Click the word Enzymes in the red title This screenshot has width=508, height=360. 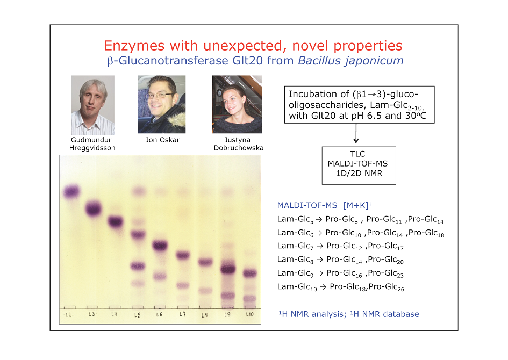(x=134, y=46)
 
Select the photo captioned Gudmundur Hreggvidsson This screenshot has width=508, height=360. (x=92, y=105)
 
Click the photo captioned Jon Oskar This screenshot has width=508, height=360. (x=162, y=104)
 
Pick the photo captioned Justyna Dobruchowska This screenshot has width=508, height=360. (x=237, y=104)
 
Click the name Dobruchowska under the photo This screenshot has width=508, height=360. (x=239, y=148)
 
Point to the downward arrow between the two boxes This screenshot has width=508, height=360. (x=356, y=133)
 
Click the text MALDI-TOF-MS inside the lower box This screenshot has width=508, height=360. (x=357, y=164)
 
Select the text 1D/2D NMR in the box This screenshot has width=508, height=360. (x=359, y=174)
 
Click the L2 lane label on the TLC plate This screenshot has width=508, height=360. (x=69, y=315)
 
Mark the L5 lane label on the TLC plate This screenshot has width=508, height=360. (x=138, y=315)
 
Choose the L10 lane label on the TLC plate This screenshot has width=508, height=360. (x=249, y=314)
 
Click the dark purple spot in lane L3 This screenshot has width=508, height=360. (x=94, y=208)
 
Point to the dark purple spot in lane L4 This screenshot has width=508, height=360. (x=116, y=222)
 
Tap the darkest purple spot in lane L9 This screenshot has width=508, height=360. (x=228, y=269)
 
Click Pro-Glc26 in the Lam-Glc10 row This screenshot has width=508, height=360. (x=387, y=287)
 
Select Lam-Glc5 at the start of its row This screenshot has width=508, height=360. (x=295, y=220)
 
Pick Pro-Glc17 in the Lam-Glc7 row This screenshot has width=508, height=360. (x=386, y=247)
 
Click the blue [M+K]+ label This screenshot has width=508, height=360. (x=358, y=205)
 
